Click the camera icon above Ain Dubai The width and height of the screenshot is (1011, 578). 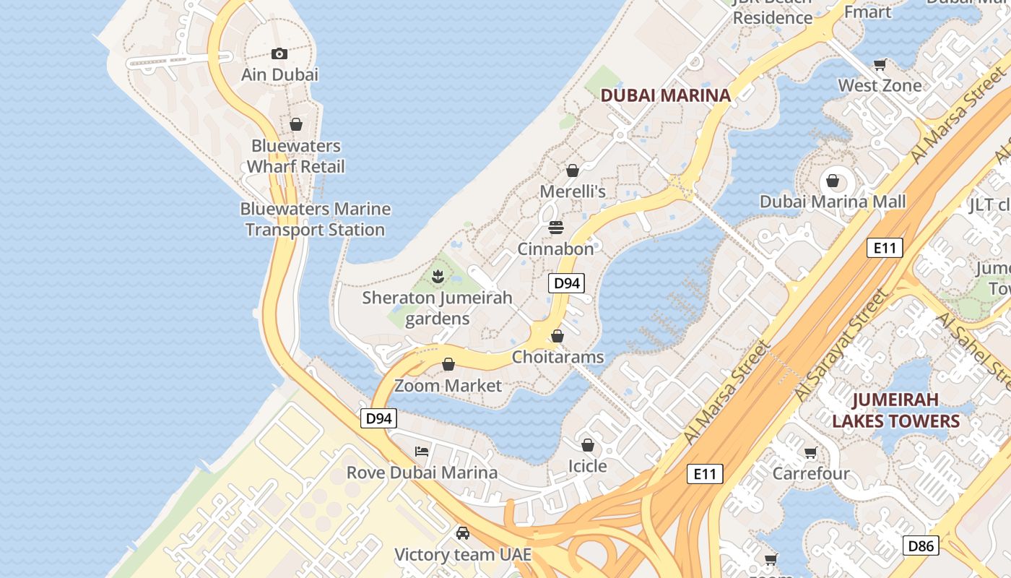[279, 53]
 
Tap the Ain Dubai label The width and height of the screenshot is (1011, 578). [279, 74]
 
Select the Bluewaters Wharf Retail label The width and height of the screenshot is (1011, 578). [295, 156]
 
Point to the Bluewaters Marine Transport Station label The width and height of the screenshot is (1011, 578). [315, 219]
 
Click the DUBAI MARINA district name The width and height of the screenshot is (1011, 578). [666, 95]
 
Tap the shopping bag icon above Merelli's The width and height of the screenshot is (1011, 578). [573, 171]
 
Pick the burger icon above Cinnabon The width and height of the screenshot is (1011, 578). [555, 228]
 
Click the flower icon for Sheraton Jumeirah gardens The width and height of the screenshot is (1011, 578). [437, 276]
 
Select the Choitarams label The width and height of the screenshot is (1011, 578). [557, 357]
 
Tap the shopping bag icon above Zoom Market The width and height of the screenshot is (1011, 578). [448, 364]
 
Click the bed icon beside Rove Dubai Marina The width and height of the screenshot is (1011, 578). [422, 452]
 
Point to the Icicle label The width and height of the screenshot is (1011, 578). [587, 466]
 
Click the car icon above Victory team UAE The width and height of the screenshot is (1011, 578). [463, 533]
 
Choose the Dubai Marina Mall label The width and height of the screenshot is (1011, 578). [832, 202]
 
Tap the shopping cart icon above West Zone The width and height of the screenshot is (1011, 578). [880, 65]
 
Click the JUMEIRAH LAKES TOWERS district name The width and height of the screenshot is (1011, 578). [896, 410]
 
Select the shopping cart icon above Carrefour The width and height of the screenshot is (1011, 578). [811, 453]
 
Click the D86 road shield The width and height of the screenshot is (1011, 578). [921, 545]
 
